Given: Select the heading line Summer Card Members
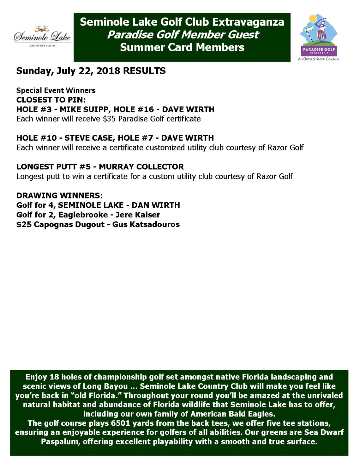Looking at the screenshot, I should coord(182,47).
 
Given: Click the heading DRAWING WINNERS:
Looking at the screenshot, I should coord(60,195).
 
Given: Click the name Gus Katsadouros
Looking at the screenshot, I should coord(146,224).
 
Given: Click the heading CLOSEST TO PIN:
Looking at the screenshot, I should coord(51,100).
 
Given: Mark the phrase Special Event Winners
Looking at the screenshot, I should coord(56,90).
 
